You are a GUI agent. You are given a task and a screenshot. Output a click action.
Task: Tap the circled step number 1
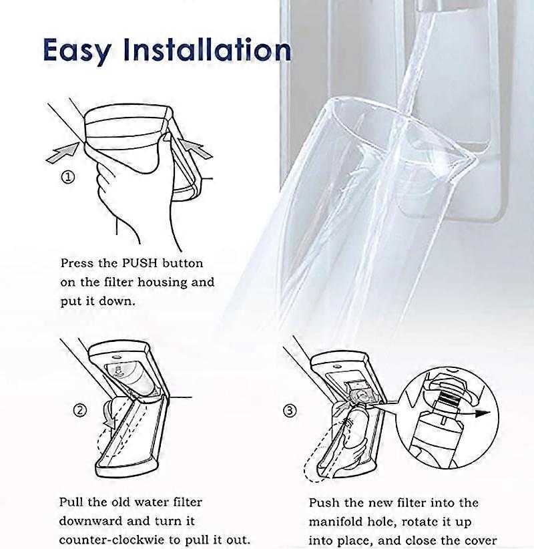68,178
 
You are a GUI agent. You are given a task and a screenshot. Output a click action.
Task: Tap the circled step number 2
79,410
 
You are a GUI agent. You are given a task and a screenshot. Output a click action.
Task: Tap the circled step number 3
290,411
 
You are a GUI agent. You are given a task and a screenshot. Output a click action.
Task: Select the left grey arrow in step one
61,152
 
